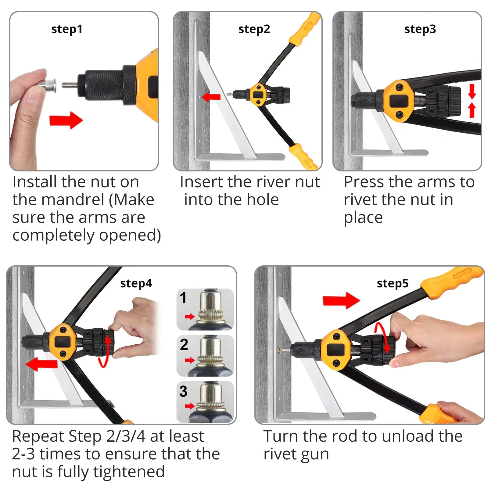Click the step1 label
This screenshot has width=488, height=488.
(x=67, y=29)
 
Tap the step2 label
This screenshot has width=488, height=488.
(x=254, y=29)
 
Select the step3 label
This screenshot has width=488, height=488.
(x=420, y=29)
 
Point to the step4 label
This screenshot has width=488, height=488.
(x=136, y=283)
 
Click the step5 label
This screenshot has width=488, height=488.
(x=393, y=283)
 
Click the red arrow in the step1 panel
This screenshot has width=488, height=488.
(x=66, y=120)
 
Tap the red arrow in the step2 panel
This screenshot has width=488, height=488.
(x=211, y=97)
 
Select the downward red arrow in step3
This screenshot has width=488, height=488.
(x=472, y=91)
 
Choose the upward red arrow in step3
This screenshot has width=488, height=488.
(x=472, y=110)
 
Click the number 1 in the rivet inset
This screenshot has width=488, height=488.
(x=183, y=298)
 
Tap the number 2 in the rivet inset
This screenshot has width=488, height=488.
(x=184, y=345)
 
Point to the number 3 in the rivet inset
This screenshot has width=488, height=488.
(x=183, y=391)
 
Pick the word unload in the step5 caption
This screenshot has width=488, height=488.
(x=408, y=436)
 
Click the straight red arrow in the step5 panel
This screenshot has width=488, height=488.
(x=341, y=300)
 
